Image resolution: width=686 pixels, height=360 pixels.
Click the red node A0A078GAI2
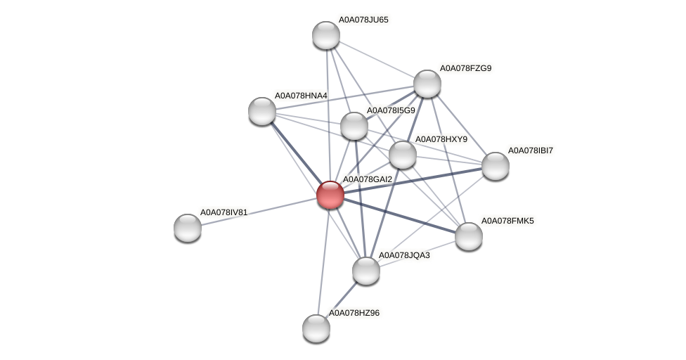click(330, 195)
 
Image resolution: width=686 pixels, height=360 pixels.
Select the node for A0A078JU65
click(326, 35)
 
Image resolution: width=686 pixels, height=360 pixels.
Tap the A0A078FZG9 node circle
click(427, 84)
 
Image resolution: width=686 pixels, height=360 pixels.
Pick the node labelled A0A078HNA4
click(262, 110)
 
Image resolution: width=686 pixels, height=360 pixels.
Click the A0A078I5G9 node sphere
click(354, 126)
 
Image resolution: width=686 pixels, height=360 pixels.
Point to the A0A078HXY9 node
click(403, 155)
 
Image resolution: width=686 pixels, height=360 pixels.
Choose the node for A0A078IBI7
click(495, 166)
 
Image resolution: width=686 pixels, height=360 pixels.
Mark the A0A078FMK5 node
click(469, 236)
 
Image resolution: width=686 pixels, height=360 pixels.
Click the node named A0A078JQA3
click(365, 271)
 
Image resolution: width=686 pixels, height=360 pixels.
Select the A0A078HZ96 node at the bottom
click(316, 328)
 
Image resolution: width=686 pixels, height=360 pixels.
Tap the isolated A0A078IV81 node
click(188, 227)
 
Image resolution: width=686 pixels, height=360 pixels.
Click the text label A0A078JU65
click(363, 20)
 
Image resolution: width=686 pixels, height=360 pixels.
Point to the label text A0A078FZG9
click(465, 68)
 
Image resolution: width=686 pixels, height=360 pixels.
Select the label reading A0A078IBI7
click(531, 150)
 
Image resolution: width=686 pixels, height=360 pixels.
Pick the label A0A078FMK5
click(507, 221)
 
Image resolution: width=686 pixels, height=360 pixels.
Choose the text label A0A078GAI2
click(367, 179)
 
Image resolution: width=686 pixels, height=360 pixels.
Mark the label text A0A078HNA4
click(300, 95)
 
